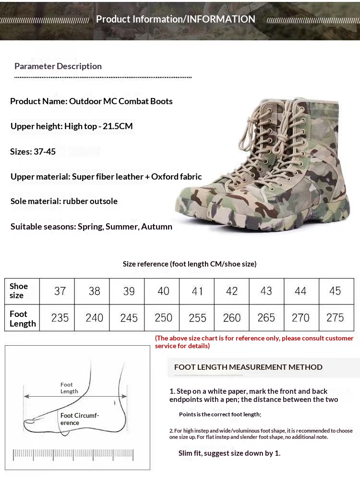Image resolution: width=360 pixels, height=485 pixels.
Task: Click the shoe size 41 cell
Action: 197,291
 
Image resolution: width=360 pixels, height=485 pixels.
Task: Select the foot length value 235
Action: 60,318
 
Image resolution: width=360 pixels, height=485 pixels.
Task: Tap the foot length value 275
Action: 335,318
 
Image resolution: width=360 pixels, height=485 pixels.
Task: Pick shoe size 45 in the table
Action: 335,291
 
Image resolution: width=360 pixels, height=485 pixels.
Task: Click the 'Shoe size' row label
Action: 19,291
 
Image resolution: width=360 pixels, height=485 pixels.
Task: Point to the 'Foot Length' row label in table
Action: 23,318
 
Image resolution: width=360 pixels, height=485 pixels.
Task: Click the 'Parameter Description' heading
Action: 58,66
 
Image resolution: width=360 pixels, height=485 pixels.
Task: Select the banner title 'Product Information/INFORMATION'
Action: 176,19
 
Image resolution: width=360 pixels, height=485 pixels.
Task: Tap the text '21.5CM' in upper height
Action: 118,126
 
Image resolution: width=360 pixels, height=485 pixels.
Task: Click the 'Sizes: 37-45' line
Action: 33,152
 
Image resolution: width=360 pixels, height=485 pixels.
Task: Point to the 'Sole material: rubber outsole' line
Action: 64,201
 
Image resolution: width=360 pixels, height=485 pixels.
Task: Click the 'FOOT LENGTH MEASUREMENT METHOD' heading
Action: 248,367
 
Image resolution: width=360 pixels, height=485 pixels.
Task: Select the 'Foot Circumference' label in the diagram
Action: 79,419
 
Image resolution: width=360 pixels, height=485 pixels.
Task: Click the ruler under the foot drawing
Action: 73,454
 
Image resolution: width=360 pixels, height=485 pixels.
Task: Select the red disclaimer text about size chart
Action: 254,342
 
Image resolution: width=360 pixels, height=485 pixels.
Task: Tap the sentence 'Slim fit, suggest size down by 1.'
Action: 229,453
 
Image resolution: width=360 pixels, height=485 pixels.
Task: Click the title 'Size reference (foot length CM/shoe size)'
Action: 190,264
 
